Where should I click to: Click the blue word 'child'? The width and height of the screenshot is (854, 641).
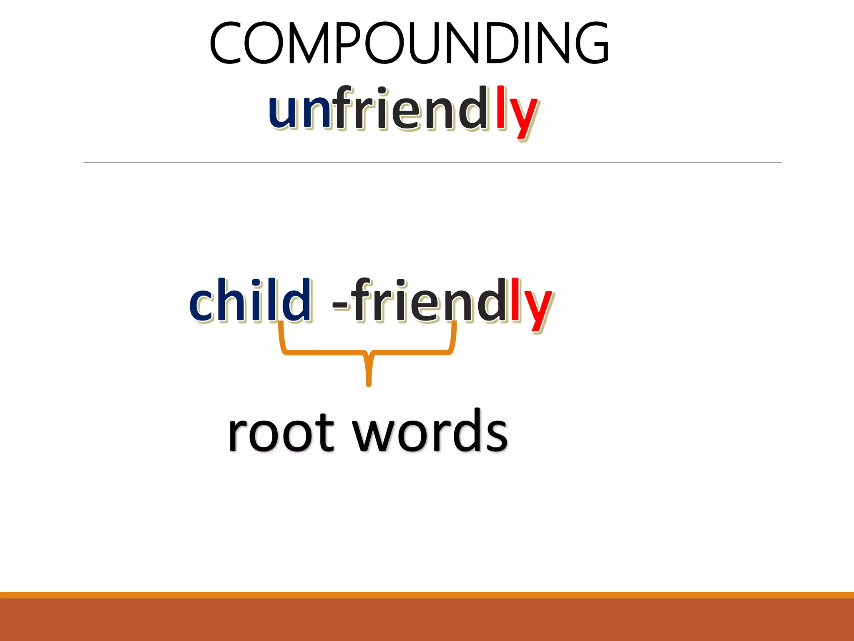coord(250,300)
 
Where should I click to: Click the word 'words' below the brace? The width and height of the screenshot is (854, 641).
coord(430,432)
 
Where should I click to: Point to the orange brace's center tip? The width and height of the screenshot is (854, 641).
coord(369,382)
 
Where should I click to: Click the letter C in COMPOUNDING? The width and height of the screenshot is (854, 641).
coord(225,43)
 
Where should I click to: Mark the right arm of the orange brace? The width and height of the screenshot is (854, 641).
coord(453,338)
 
